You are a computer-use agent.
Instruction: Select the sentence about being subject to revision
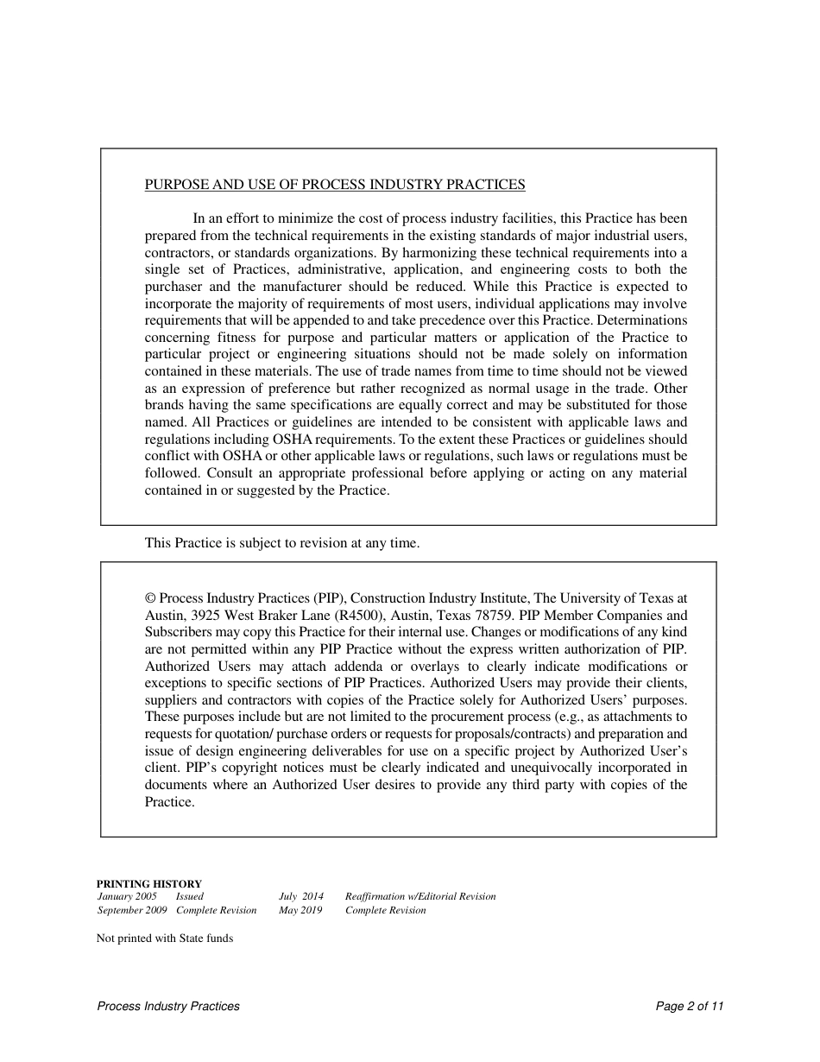point(281,543)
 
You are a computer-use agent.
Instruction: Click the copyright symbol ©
point(150,598)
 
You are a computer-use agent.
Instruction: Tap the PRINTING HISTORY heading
point(148,884)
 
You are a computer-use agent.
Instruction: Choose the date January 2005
point(127,896)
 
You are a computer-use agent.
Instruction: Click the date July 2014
point(300,896)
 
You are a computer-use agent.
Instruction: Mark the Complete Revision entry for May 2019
point(385,910)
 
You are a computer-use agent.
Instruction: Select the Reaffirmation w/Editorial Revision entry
point(420,896)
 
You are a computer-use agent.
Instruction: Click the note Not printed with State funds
point(164,938)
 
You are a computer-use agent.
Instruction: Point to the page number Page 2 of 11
point(689,1006)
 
